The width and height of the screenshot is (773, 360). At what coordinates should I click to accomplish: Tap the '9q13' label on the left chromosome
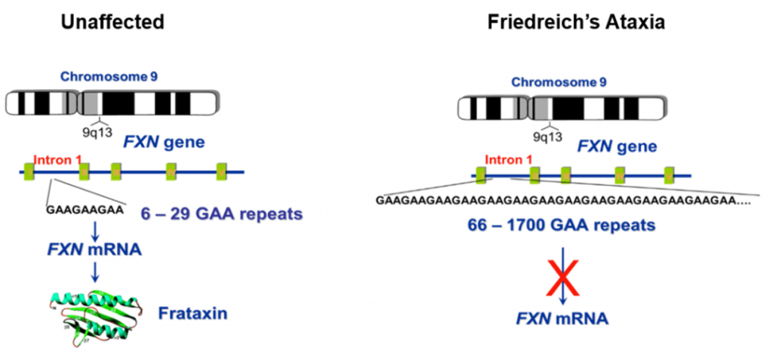(97, 131)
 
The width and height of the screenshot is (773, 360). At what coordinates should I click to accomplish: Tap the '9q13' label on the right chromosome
(548, 137)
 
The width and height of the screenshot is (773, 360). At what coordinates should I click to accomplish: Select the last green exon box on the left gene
(222, 171)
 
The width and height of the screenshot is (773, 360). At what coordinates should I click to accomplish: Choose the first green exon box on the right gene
(481, 176)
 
